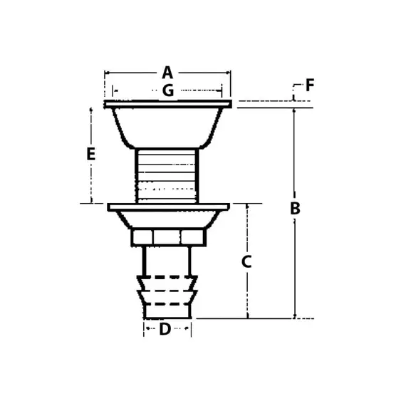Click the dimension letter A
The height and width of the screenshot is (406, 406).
tap(167, 73)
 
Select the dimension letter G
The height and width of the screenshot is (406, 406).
tap(168, 90)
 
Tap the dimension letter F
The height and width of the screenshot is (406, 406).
tap(310, 85)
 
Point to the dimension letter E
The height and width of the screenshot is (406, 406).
tap(91, 154)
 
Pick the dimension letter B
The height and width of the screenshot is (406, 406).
tap(295, 208)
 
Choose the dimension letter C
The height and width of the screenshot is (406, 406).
tap(246, 261)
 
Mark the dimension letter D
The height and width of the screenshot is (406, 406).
tap(165, 329)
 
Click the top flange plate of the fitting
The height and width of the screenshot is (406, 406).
tap(168, 104)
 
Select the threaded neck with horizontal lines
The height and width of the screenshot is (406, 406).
tap(167, 176)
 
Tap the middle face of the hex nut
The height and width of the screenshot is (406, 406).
tap(167, 236)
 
